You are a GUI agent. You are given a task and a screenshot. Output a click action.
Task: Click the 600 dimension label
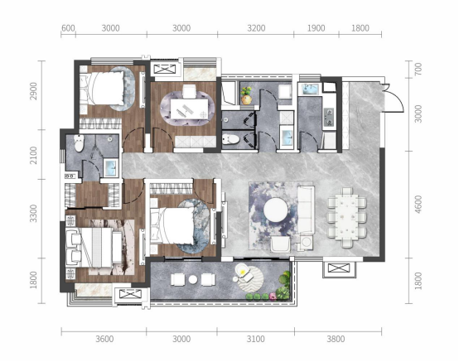tap(68, 28)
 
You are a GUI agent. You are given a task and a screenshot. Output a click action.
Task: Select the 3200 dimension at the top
tap(256, 28)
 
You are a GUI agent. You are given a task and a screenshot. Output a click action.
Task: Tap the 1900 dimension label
tap(316, 28)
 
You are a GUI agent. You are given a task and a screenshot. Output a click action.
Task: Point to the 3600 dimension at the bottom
tap(104, 339)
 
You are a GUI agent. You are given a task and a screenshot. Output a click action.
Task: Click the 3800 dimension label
tap(336, 339)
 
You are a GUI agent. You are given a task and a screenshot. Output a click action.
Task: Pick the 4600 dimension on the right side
tap(418, 205)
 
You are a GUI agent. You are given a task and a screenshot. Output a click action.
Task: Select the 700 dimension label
tap(418, 69)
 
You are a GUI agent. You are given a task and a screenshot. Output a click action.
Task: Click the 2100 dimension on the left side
tap(34, 155)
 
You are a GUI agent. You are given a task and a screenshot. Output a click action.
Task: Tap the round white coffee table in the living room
tap(275, 210)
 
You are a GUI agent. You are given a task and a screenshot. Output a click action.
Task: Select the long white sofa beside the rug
tap(307, 210)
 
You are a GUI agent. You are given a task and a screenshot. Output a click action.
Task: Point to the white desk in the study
tap(190, 109)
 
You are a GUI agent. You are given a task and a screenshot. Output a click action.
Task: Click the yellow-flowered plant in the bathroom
tap(246, 95)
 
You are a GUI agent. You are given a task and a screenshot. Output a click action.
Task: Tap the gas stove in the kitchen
tap(329, 117)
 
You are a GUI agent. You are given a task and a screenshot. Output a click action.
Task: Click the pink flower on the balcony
tap(273, 297)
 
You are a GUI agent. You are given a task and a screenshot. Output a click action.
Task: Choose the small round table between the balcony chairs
tap(193, 279)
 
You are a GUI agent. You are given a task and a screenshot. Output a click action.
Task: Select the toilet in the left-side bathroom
tap(79, 143)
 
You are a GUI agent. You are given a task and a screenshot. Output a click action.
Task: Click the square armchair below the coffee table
tap(280, 244)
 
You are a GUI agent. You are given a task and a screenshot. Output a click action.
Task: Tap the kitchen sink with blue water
tap(307, 89)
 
